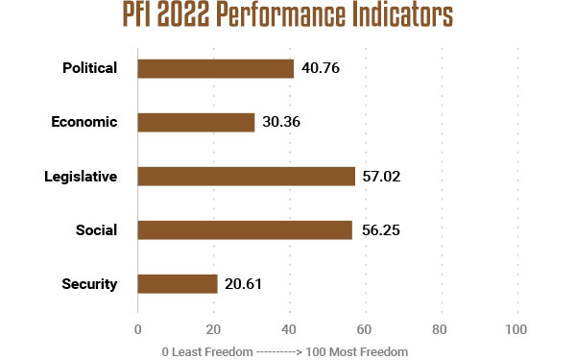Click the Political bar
click(x=215, y=68)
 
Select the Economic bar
click(x=196, y=122)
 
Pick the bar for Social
click(x=245, y=229)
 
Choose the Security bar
click(x=178, y=283)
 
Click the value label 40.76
click(x=322, y=68)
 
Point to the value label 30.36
click(x=282, y=122)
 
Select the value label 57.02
click(x=383, y=176)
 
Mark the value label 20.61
click(x=244, y=283)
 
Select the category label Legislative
click(x=81, y=176)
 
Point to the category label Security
click(x=89, y=283)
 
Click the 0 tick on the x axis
click(x=138, y=330)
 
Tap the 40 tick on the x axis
click(x=290, y=330)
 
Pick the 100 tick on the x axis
click(x=516, y=330)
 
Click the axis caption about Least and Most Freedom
click(x=285, y=351)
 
